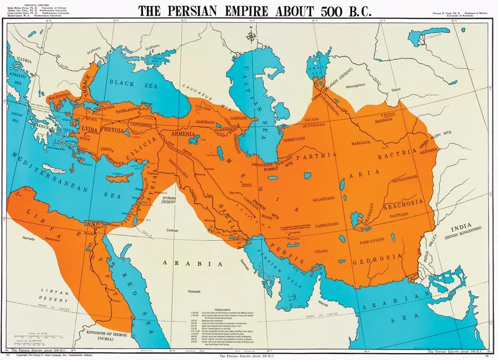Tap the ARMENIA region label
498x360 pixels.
(x=185, y=134)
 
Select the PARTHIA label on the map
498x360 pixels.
(x=312, y=156)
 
